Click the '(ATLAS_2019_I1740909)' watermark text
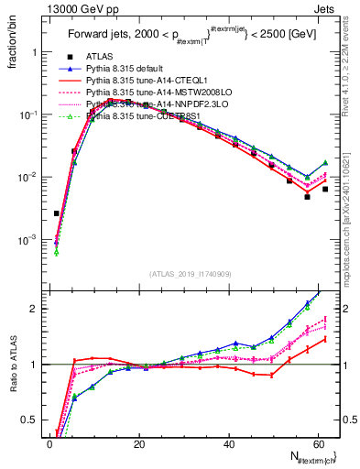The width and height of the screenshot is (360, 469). pyautogui.click(x=190, y=273)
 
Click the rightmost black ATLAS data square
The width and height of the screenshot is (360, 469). pyautogui.click(x=325, y=190)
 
